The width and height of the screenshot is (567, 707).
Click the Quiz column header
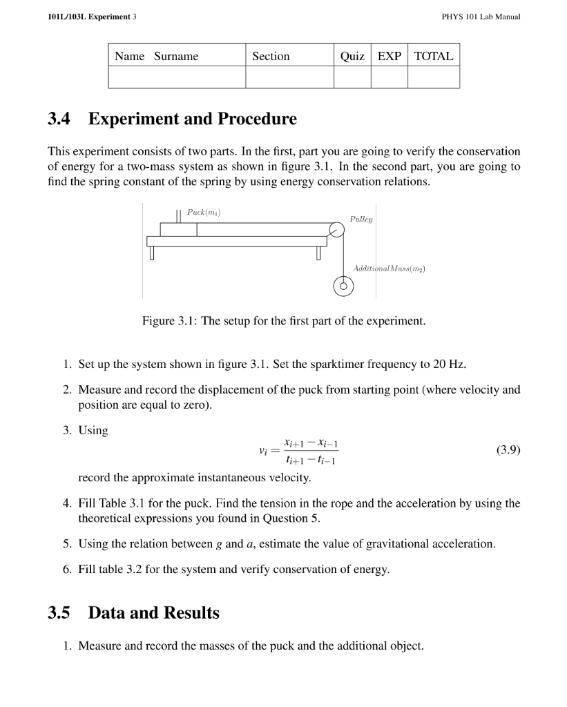(x=352, y=57)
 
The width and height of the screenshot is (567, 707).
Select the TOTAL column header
(x=433, y=57)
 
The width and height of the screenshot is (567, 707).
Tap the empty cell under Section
(x=289, y=77)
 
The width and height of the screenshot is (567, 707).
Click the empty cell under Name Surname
(x=177, y=77)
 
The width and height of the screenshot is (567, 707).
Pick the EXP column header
(x=389, y=57)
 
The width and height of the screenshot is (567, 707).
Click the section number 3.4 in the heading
(x=59, y=119)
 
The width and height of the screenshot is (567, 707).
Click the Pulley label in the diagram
(x=361, y=218)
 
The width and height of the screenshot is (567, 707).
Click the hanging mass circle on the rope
(x=343, y=286)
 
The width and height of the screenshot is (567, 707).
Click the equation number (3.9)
(x=508, y=451)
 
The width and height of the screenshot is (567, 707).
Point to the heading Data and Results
(x=153, y=613)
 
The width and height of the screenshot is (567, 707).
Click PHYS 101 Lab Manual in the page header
(x=480, y=17)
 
